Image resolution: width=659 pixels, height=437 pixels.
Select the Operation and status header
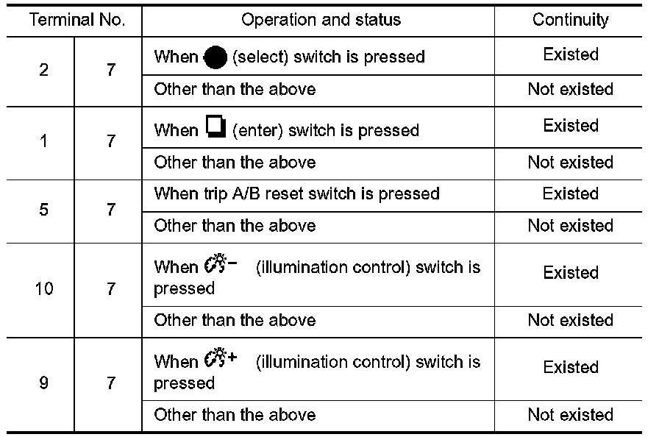[x=321, y=19]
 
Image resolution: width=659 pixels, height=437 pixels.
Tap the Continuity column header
[x=570, y=19]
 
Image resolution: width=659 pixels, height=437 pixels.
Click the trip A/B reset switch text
[x=297, y=194]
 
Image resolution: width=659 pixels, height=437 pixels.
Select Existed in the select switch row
[x=570, y=54]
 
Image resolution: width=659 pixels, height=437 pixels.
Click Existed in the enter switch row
[x=570, y=126]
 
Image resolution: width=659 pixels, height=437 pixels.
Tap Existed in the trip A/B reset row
[x=570, y=194]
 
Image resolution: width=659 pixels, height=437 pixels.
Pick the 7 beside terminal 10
[x=110, y=288]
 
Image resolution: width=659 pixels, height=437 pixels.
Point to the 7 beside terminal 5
[x=110, y=210]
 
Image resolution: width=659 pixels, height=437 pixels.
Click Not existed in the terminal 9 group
[x=570, y=415]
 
